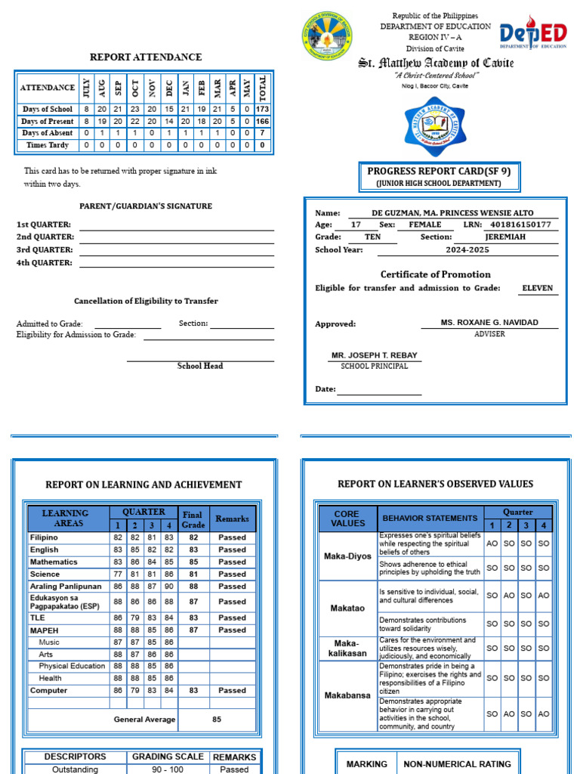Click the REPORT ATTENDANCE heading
(x=146, y=57)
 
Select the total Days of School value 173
(x=262, y=109)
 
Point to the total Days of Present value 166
(x=262, y=121)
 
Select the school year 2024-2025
(x=467, y=249)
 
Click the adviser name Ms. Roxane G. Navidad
(x=489, y=323)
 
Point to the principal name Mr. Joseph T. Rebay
(x=374, y=355)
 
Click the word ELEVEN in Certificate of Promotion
(x=538, y=288)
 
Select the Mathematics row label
(x=54, y=562)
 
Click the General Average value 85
(x=217, y=720)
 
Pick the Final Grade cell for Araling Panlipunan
(x=193, y=586)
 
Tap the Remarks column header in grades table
(x=232, y=519)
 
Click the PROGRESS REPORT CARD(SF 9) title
(x=439, y=172)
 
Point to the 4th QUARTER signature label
(x=45, y=263)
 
